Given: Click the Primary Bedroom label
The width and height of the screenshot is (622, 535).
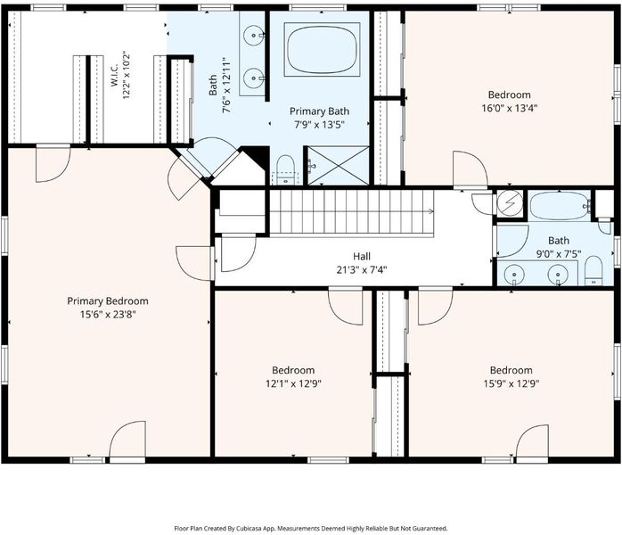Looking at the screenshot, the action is [x=108, y=300].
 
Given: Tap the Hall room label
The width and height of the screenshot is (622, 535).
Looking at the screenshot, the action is [x=362, y=257].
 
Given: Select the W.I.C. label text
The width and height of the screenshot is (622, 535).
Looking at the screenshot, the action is [x=115, y=76].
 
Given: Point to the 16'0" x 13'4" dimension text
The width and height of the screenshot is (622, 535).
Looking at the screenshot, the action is [x=510, y=109].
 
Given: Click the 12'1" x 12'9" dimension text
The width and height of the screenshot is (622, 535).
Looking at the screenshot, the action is [x=293, y=383].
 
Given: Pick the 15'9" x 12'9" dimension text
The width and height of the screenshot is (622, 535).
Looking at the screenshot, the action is [x=511, y=383].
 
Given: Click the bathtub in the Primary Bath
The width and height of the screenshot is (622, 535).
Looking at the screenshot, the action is [x=322, y=50].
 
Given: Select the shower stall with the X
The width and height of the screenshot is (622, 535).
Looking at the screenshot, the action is [x=339, y=166].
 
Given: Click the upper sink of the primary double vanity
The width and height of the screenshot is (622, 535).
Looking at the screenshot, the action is [x=253, y=36].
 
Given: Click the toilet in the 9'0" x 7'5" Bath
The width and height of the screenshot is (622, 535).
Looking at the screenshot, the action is [x=593, y=271].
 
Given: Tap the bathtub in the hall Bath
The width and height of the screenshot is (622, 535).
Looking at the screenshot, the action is [x=561, y=206].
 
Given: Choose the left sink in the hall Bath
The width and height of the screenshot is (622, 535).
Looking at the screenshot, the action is [x=514, y=275].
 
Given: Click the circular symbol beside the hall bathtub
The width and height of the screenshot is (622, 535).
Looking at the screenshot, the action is [x=510, y=202].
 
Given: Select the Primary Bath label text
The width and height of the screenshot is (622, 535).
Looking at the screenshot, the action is [x=319, y=111].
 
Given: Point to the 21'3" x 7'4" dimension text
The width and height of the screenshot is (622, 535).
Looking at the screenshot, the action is [x=362, y=270].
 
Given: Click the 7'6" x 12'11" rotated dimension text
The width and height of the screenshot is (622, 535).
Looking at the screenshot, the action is [x=227, y=86].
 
